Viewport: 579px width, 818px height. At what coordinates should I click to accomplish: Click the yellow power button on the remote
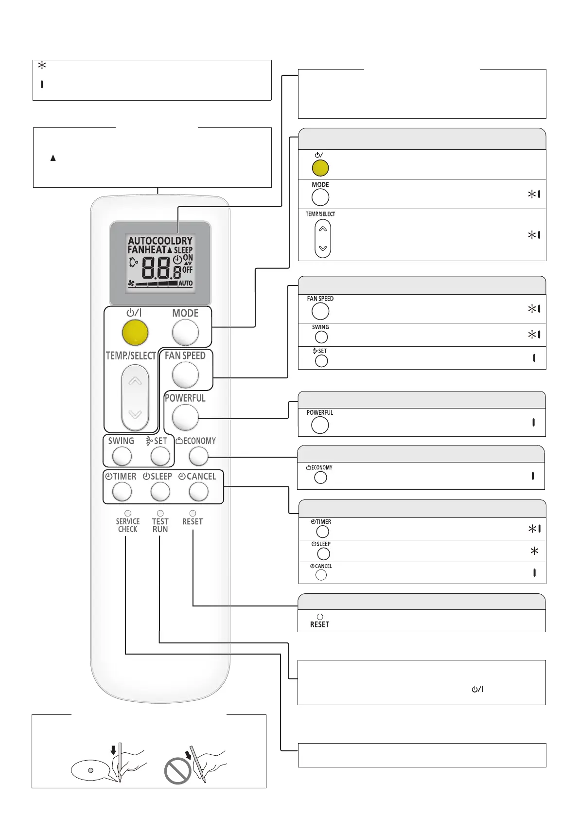(x=135, y=333)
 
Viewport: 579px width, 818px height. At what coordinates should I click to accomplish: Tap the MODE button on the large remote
(x=185, y=333)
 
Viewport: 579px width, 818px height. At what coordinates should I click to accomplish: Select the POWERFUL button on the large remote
(x=185, y=417)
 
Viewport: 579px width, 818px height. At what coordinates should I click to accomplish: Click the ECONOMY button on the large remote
(x=198, y=456)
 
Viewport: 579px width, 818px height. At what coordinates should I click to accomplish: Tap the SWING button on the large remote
(x=122, y=456)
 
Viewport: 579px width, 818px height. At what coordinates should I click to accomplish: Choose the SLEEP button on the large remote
(x=160, y=492)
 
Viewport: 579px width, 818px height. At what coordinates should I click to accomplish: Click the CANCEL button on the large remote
(x=198, y=492)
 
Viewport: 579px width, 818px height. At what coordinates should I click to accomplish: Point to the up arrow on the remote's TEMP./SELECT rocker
(x=135, y=381)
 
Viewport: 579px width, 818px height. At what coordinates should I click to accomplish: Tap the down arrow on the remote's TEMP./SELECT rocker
(x=135, y=414)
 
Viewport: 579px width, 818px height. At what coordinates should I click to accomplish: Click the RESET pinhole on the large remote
(x=193, y=513)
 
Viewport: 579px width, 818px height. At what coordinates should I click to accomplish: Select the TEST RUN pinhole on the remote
(x=160, y=513)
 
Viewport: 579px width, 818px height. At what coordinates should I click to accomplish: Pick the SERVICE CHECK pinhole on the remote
(x=128, y=513)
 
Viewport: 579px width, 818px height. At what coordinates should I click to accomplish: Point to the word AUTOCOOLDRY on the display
(x=160, y=241)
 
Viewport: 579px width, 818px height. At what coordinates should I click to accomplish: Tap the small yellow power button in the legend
(x=320, y=168)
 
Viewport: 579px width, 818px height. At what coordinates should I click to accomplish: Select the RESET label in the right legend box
(x=319, y=624)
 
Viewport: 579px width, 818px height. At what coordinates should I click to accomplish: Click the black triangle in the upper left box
(x=53, y=158)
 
